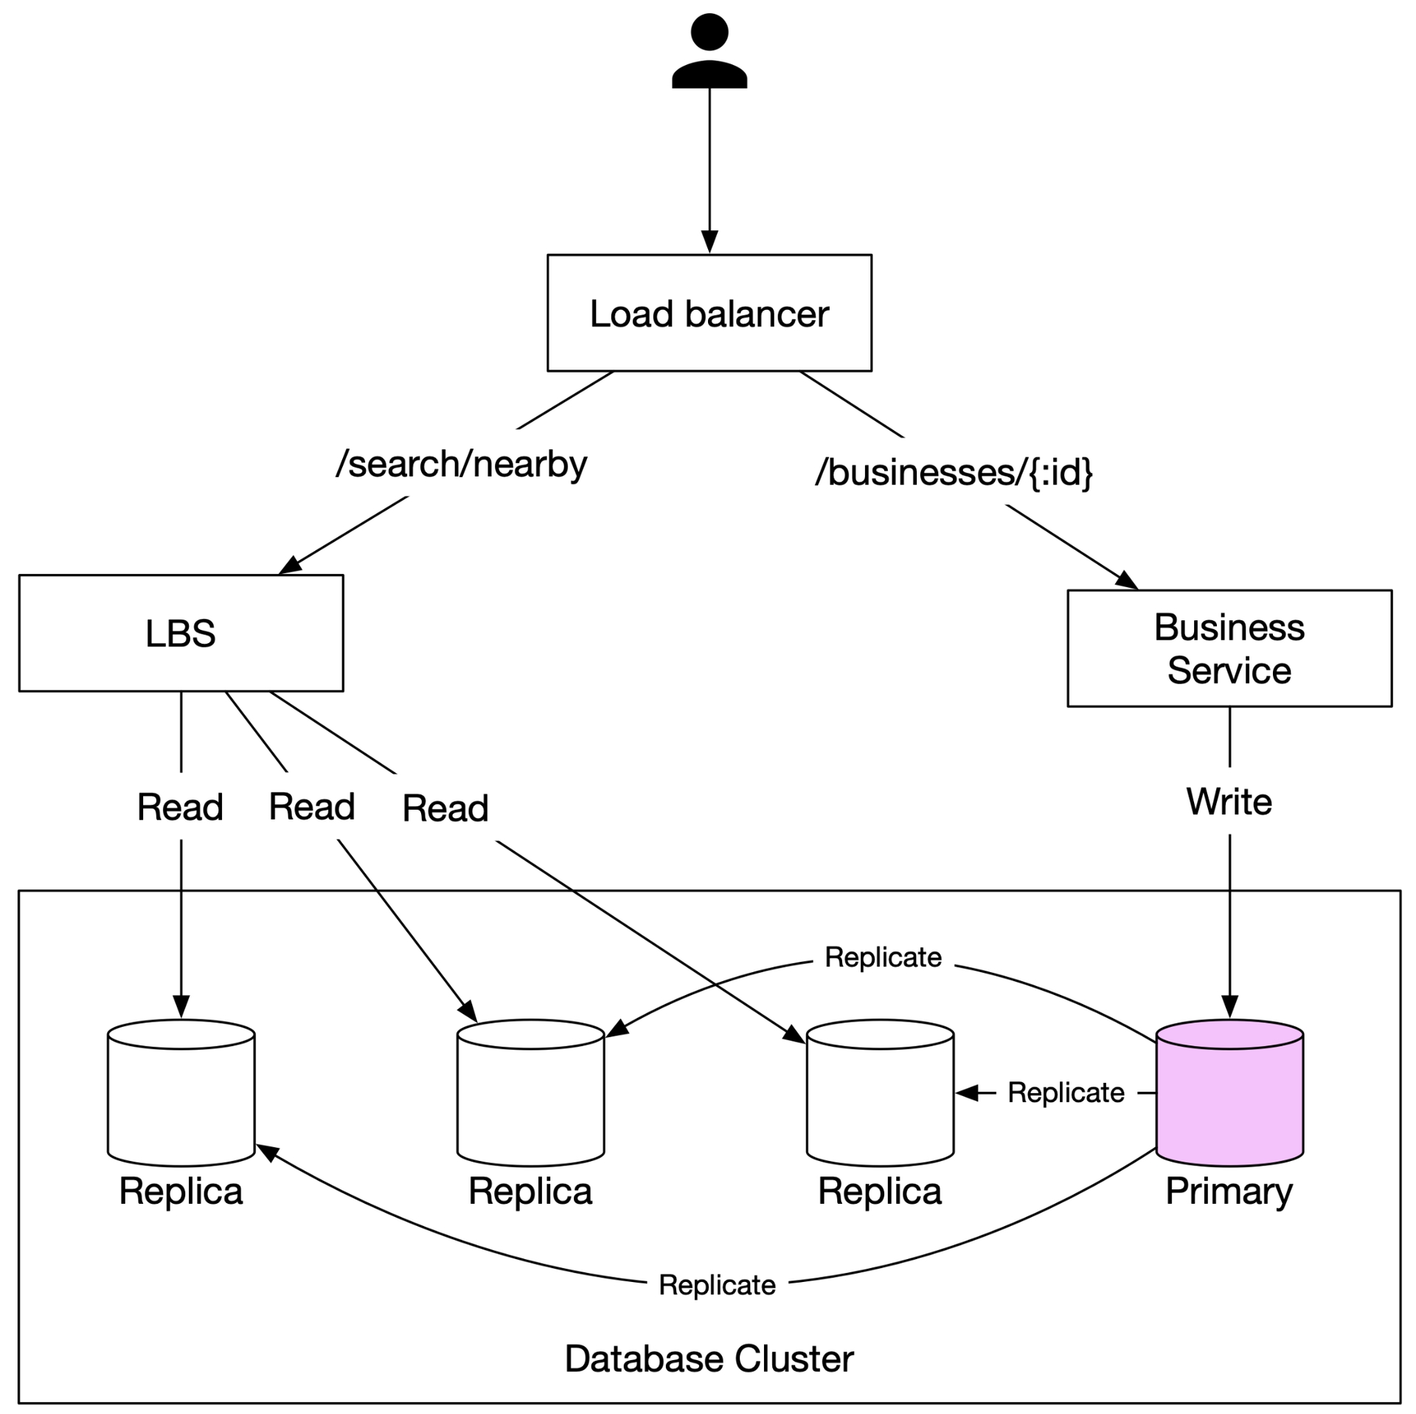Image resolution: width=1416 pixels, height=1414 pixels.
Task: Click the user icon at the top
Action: tap(709, 51)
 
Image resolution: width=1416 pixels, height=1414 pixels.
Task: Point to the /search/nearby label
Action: tap(462, 464)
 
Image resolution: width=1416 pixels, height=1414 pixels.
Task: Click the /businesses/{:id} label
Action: tap(954, 472)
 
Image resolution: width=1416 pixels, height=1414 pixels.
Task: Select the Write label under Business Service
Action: tap(1229, 801)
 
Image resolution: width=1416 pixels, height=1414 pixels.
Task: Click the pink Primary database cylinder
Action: tap(1229, 1092)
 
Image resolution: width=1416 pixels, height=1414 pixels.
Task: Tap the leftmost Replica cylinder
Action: tap(181, 1092)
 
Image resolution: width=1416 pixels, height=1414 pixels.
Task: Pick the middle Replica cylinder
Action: tap(530, 1092)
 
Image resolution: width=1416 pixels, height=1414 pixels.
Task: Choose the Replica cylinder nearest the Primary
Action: tap(880, 1092)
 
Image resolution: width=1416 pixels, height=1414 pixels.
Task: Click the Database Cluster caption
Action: tap(709, 1358)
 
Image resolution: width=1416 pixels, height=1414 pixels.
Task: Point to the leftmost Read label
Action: tap(180, 806)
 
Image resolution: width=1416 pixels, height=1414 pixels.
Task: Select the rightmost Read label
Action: tap(445, 808)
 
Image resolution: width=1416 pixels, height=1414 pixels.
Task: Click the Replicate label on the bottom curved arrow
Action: tap(717, 1284)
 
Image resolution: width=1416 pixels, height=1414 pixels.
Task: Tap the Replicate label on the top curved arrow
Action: tap(883, 957)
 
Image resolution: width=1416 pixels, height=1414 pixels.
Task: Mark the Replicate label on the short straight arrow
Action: tap(1066, 1092)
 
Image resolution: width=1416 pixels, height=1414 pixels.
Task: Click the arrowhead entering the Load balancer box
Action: tap(709, 242)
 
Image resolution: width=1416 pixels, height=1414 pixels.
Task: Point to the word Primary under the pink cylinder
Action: tap(1229, 1191)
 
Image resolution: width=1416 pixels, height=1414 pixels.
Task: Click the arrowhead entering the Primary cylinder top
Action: tap(1229, 1007)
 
